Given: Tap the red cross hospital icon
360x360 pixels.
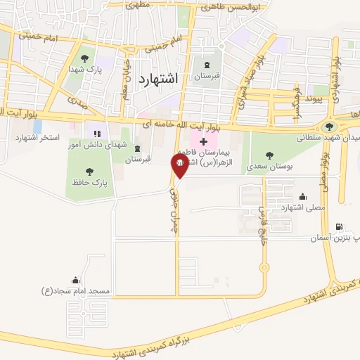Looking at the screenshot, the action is click(x=204, y=142).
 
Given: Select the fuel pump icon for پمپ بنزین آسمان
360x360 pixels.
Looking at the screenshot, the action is click(x=341, y=227).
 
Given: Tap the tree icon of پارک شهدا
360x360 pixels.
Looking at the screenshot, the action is click(x=85, y=58).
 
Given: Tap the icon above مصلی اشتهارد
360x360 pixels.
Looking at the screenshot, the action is click(x=302, y=196).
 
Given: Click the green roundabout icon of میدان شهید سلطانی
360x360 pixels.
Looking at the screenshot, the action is click(x=328, y=127).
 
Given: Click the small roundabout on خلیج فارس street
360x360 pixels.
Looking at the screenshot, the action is click(x=264, y=266).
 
